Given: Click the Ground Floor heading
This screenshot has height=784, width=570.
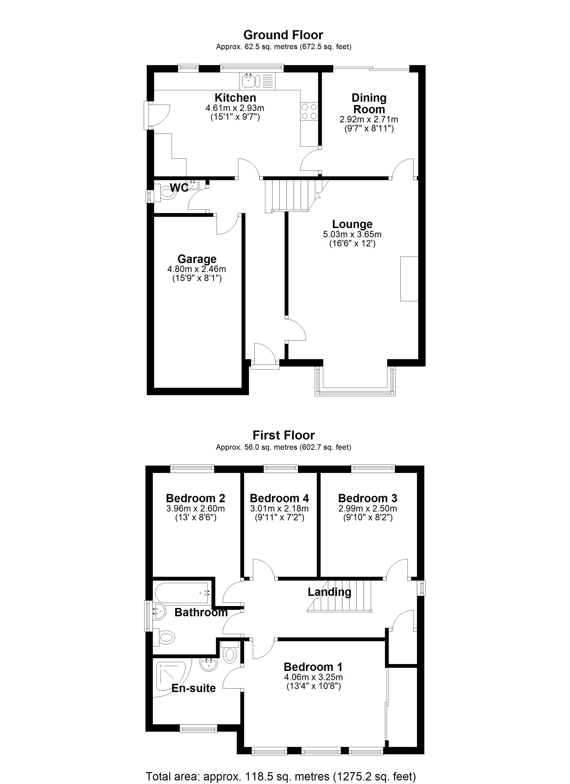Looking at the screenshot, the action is [283, 35].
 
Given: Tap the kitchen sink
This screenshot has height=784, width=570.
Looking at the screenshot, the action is [257, 81].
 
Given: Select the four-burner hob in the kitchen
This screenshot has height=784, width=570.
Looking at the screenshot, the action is [309, 112].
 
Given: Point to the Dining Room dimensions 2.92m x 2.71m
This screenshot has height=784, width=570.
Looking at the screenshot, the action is [369, 120].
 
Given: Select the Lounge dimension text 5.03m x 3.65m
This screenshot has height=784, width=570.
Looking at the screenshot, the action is [352, 234].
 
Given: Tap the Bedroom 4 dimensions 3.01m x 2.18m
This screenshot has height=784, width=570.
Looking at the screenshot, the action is [279, 508].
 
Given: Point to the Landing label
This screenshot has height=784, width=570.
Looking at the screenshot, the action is [329, 592].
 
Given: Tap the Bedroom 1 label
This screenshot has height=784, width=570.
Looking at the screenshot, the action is [313, 667].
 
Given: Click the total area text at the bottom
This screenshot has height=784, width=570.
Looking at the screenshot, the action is [281, 776].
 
